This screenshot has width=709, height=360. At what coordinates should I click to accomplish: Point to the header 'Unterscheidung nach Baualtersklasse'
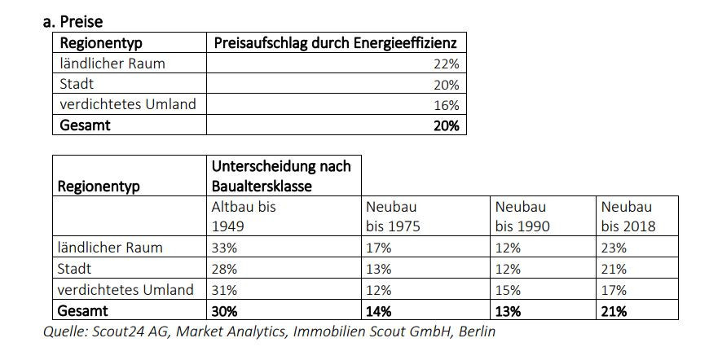tap(281, 176)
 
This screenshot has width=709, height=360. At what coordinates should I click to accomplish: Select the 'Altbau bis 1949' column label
tap(244, 216)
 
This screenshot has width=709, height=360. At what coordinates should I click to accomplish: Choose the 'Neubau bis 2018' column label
tap(627, 216)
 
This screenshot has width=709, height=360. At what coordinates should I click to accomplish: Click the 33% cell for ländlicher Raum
tap(224, 248)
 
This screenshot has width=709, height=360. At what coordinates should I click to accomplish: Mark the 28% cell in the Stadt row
tap(224, 269)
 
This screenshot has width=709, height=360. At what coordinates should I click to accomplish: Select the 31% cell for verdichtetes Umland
tap(224, 290)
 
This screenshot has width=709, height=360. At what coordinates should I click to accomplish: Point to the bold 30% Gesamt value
tap(225, 310)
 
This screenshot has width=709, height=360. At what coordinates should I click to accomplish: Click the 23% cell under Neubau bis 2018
tap(614, 248)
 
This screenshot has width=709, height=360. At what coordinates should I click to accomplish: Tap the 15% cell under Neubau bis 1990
tap(507, 290)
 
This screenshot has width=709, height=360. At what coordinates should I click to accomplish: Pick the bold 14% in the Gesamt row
tap(380, 310)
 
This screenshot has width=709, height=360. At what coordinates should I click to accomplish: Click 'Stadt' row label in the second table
tap(76, 269)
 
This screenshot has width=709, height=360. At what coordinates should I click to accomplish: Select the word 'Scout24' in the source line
tap(118, 331)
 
